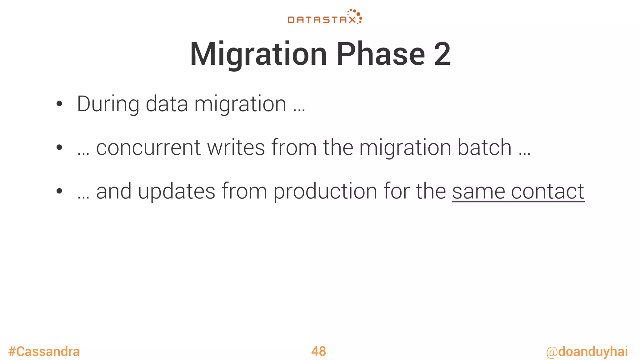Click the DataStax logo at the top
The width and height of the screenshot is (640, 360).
coord(325,17)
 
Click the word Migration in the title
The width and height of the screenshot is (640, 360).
coord(258,54)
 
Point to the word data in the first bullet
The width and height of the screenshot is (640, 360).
coord(167,104)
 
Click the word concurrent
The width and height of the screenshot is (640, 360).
coord(148,147)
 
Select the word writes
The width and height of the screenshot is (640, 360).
coord(236,147)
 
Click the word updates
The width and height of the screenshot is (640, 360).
coord(177,191)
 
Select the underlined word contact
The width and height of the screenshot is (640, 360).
coord(547,191)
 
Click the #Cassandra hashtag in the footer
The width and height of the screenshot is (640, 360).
coord(44,352)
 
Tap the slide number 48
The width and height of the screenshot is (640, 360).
coord(318,351)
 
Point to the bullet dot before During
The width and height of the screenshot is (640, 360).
coord(59,104)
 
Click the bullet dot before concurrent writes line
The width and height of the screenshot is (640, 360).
coord(59,148)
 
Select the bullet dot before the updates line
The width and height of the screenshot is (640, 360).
coord(59,191)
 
